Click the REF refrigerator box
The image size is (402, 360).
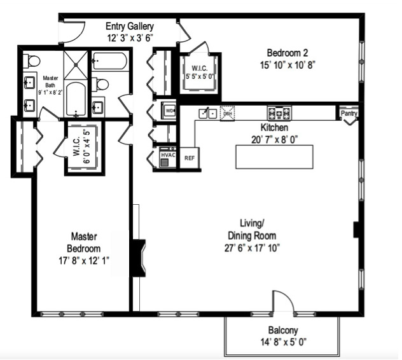189,157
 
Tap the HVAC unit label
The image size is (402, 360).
167,154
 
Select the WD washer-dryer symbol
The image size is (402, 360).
169,110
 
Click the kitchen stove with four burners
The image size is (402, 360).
279,113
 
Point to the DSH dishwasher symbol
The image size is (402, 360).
227,113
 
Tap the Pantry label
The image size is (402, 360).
349,114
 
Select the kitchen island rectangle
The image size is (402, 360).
275,156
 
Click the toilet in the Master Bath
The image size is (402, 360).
32,61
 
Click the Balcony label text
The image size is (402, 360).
282,330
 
